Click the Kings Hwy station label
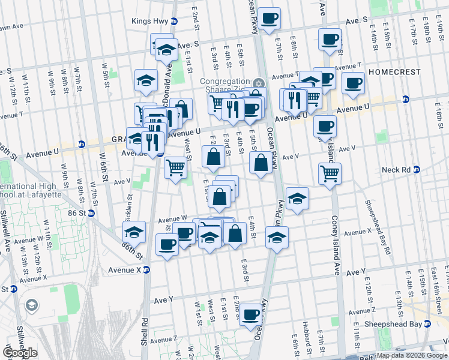tap(150, 21)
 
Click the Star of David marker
tap(259, 83)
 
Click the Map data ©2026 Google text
tap(411, 356)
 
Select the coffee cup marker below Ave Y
tap(250, 315)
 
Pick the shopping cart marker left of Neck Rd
tap(330, 174)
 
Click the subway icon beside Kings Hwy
tap(174, 21)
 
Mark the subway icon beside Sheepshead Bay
tap(427, 324)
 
